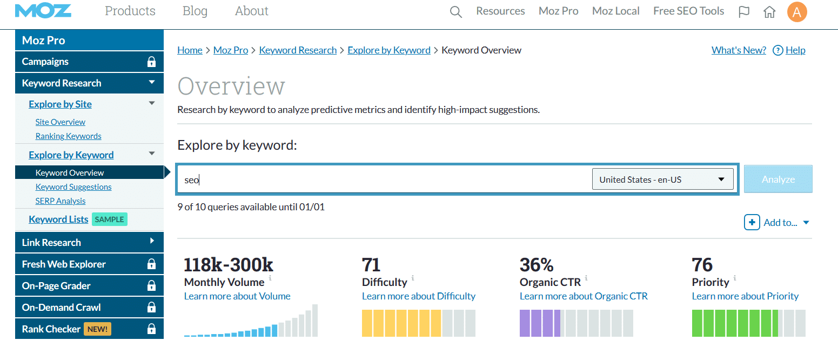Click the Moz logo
pyautogui.click(x=43, y=11)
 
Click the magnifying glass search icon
pyautogui.click(x=456, y=12)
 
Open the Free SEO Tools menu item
pyautogui.click(x=688, y=11)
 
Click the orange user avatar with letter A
pyautogui.click(x=797, y=12)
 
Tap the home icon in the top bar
pyautogui.click(x=769, y=12)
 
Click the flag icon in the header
pyautogui.click(x=744, y=12)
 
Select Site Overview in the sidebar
pyautogui.click(x=60, y=122)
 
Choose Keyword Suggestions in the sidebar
pyautogui.click(x=73, y=187)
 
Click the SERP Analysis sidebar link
pyautogui.click(x=60, y=201)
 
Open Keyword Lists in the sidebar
pyautogui.click(x=58, y=219)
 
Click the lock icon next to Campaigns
pyautogui.click(x=151, y=62)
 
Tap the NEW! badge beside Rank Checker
pyautogui.click(x=97, y=329)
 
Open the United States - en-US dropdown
pyautogui.click(x=662, y=179)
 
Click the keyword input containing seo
pyautogui.click(x=378, y=179)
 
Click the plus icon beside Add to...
pyautogui.click(x=752, y=222)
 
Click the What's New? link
pyautogui.click(x=739, y=50)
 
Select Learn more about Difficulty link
pyautogui.click(x=419, y=296)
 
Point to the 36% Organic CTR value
pyautogui.click(x=537, y=265)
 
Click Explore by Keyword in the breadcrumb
pyautogui.click(x=389, y=50)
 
